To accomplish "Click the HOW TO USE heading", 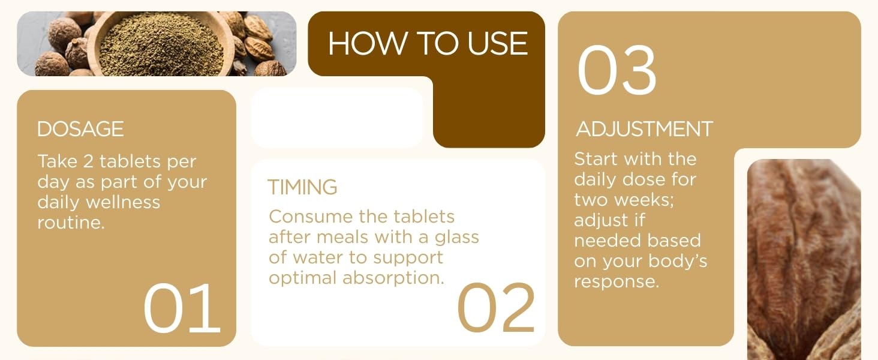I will tap(428, 44).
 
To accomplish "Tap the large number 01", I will tap(182, 308).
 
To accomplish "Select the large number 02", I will tap(495, 308).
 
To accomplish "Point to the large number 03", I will tap(617, 70).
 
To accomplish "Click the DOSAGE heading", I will tap(80, 129).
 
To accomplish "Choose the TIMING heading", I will tap(302, 187).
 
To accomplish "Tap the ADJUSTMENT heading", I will tap(644, 129).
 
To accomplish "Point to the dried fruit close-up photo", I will tap(804, 258).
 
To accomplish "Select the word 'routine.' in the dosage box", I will tap(71, 223).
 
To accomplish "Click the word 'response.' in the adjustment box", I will tap(617, 281).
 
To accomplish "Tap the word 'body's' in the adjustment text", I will tap(673, 262).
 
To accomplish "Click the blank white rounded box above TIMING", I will tap(337, 118).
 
